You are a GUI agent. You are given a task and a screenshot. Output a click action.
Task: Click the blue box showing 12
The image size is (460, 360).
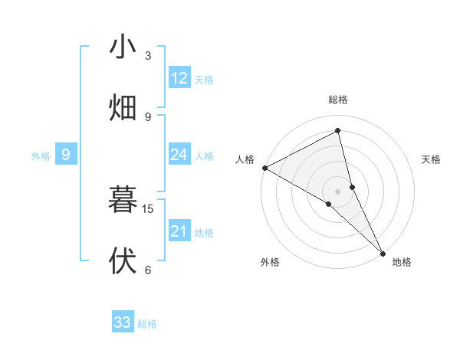click(179, 78)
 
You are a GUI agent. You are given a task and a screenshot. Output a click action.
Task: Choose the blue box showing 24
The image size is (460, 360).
click(179, 155)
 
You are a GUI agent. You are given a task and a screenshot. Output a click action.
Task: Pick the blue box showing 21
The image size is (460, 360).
click(179, 231)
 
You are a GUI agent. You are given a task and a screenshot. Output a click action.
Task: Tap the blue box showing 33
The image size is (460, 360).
click(123, 322)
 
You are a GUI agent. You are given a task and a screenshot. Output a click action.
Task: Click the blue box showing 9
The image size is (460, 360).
click(66, 155)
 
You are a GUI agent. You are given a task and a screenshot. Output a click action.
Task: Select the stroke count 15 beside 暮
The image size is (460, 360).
click(148, 208)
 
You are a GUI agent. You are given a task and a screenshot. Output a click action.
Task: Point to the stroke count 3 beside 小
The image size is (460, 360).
click(148, 56)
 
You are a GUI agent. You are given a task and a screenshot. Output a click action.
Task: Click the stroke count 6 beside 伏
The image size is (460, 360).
click(148, 270)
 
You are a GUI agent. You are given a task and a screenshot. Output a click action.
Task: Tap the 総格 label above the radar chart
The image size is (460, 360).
click(338, 100)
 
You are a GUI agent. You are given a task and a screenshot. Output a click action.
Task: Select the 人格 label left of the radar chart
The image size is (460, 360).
click(245, 159)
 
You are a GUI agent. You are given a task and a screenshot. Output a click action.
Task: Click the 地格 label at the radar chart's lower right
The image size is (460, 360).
click(402, 262)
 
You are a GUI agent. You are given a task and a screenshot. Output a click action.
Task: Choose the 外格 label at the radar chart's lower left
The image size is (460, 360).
click(270, 262)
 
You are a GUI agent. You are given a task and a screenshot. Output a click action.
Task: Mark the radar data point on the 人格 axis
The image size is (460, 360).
click(264, 168)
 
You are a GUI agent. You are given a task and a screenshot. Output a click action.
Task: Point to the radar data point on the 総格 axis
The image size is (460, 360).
click(338, 131)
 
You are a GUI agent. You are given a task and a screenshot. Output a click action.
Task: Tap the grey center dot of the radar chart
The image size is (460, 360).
click(338, 191)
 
